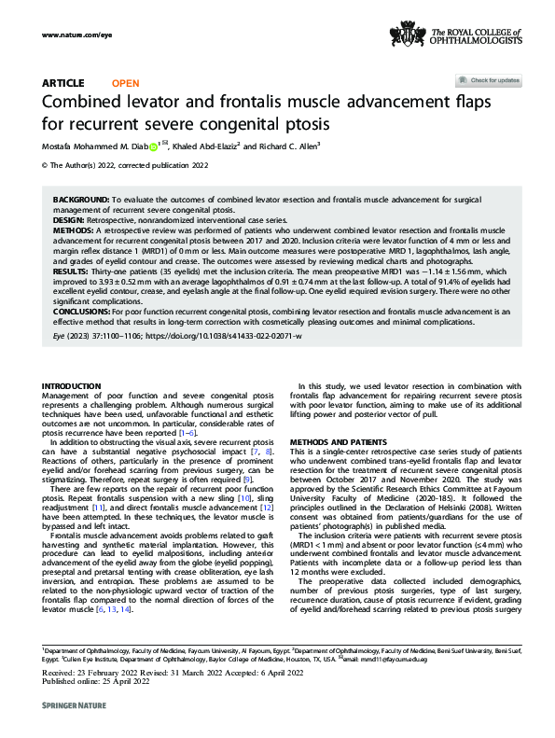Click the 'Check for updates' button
coord(489,81)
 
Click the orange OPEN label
coord(126,83)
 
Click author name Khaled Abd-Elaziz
coord(206,146)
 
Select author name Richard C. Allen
coord(289,146)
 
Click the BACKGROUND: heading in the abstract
coord(80,201)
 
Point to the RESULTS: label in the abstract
coord(70,262)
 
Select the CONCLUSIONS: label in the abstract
coord(84,306)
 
